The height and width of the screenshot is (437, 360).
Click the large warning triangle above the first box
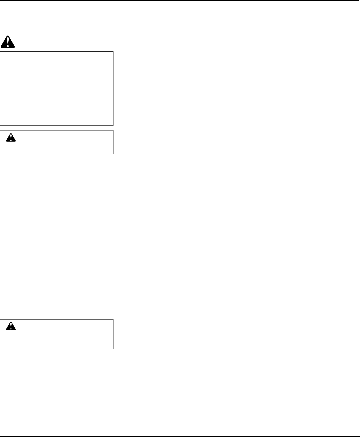8,42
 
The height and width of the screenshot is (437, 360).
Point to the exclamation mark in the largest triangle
8,41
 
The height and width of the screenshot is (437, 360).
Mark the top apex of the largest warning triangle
8,35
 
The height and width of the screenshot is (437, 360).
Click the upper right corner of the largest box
113,52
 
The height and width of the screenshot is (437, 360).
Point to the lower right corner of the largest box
113,125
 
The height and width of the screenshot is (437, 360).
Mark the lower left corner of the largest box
0,125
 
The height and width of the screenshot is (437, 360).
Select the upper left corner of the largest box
0,52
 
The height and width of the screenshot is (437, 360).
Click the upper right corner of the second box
113,130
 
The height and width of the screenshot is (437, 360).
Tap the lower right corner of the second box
113,154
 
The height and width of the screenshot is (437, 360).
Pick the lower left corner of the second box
0,154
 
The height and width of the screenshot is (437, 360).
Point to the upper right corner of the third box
113,320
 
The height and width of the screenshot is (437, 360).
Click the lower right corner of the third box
113,348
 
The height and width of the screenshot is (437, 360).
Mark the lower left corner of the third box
0,348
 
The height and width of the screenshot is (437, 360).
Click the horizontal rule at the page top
180,0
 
